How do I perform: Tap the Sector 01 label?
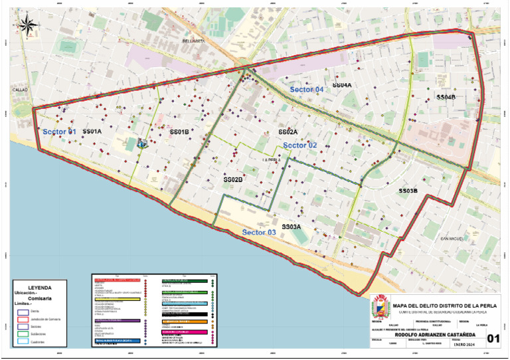60,132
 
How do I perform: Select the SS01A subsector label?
92,132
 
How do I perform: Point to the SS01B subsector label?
179,132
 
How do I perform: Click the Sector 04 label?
307,89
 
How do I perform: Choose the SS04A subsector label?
342,86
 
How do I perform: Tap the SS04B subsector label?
446,97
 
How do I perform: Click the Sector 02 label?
300,145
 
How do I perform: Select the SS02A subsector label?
288,132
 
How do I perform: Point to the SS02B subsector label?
233,179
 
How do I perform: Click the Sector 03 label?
258,232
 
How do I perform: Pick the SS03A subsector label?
292,226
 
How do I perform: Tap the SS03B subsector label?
408,191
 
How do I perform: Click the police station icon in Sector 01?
141,142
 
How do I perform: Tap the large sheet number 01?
493,339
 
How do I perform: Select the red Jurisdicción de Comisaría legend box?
23,319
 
